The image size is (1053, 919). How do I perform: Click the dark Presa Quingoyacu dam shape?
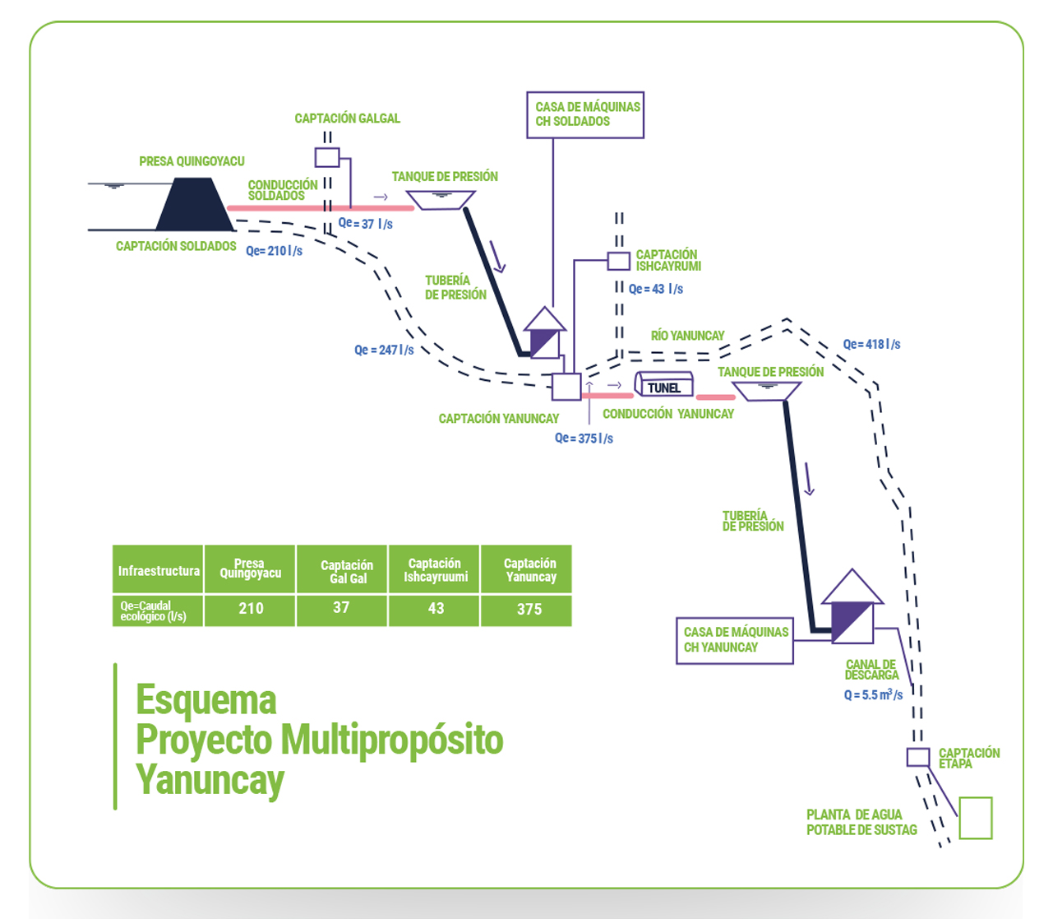194,206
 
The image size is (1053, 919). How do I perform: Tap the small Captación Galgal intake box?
327,157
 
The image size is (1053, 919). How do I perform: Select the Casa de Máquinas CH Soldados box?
584,114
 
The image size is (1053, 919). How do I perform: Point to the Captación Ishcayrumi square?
618,261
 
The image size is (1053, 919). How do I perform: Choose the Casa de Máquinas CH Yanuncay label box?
734,640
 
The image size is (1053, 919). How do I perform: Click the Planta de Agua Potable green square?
975,818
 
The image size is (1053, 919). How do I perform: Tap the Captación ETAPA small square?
917,757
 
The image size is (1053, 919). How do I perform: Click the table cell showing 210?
250,609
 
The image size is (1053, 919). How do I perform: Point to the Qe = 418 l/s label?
871,345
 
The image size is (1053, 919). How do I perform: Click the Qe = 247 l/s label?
384,350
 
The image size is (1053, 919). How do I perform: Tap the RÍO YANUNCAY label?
687,336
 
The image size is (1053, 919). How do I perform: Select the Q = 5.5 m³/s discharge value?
873,695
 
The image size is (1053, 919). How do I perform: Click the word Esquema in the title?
206,700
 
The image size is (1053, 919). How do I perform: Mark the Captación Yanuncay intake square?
566,387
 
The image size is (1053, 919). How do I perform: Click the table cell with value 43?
436,610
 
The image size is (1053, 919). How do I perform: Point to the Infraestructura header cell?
158,571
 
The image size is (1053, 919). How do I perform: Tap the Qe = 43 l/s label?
655,290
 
